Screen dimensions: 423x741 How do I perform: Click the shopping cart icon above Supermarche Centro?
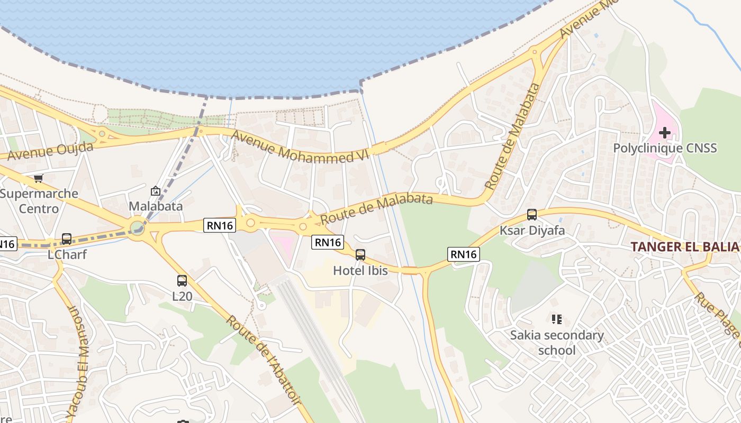tap(38, 178)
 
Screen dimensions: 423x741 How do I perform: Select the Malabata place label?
tap(156, 206)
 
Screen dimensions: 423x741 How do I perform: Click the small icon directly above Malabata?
tap(156, 191)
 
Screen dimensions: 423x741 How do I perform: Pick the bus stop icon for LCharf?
tap(67, 239)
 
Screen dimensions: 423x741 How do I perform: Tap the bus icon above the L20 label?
tap(182, 281)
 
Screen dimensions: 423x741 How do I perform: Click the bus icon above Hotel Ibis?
tap(360, 255)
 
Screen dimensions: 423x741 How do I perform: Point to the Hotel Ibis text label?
tap(360, 271)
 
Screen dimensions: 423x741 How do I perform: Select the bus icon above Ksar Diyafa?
tap(532, 215)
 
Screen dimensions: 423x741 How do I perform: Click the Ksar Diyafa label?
tap(532, 231)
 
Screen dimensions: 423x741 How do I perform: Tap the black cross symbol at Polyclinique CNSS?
tap(665, 132)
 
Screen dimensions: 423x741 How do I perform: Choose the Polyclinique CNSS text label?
tap(665, 148)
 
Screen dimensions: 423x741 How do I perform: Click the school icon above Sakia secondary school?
tap(556, 319)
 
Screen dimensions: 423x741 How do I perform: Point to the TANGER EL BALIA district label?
tap(684, 246)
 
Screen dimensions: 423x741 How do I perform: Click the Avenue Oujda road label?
tap(50, 151)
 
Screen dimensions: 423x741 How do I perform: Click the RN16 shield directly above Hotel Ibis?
tap(328, 242)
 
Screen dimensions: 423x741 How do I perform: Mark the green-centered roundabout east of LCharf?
tap(137, 228)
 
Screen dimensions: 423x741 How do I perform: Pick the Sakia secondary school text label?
tap(557, 342)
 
